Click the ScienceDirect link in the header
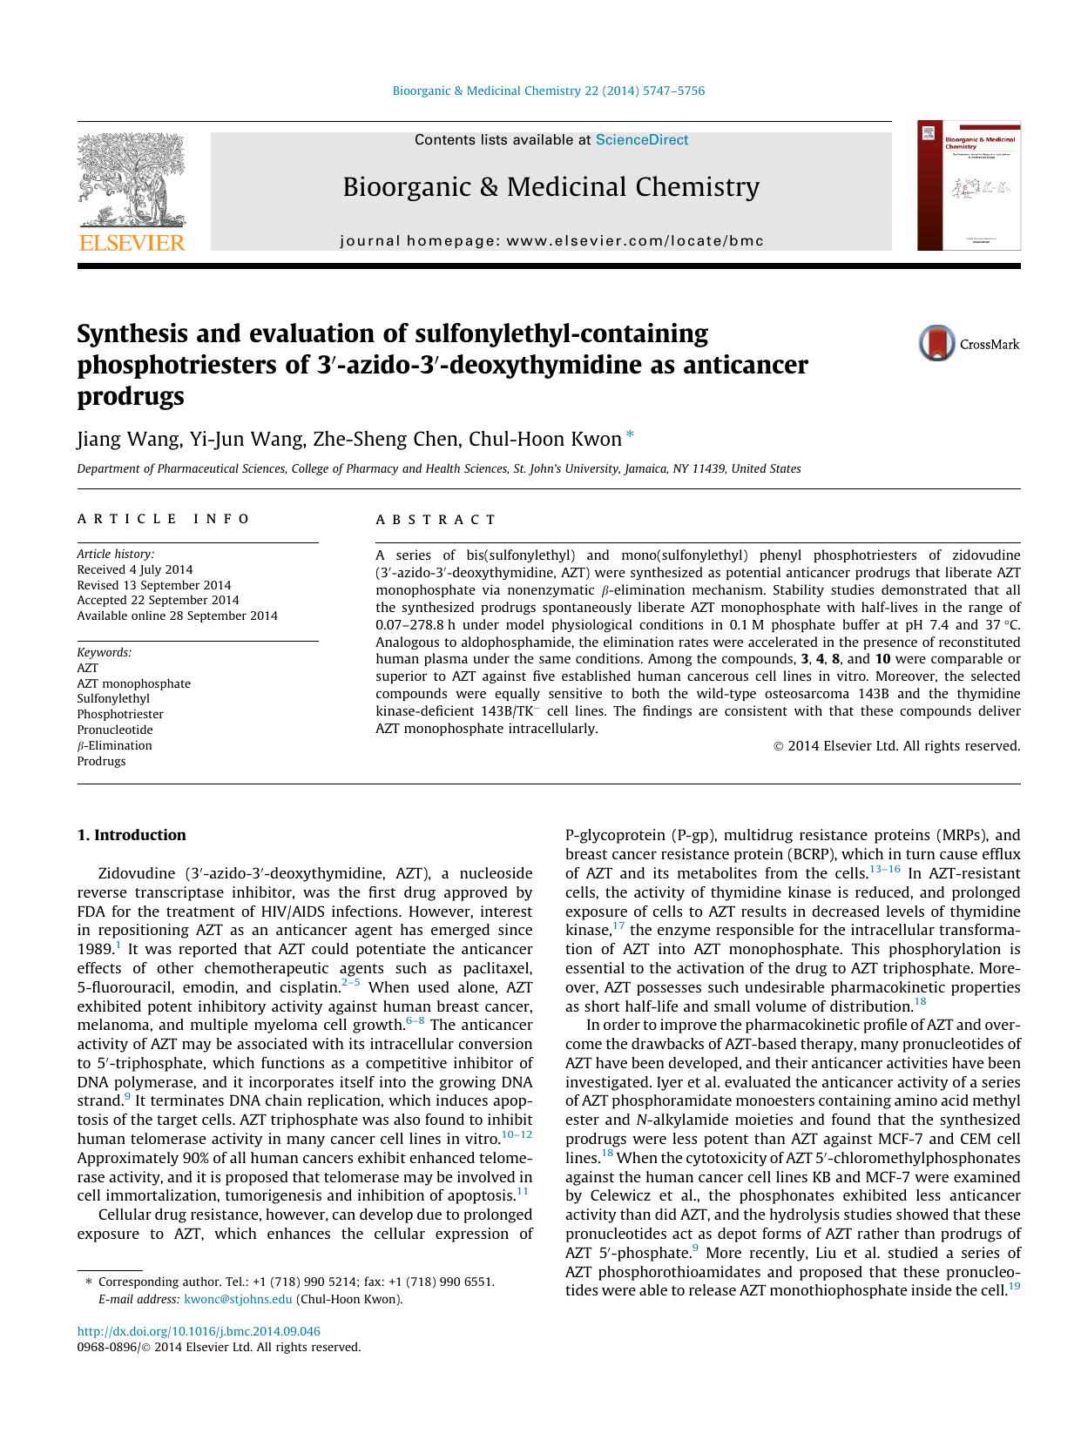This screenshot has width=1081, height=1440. [642, 140]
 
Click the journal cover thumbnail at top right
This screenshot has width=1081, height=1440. [969, 185]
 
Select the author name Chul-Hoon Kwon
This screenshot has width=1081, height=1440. [545, 439]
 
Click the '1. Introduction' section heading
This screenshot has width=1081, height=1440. [132, 835]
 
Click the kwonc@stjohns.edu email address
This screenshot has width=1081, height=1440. [238, 1300]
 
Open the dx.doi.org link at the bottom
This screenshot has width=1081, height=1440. [199, 1331]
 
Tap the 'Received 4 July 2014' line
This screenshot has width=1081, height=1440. [135, 569]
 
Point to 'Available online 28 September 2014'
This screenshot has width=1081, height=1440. [177, 616]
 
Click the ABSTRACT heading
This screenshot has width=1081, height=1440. [436, 520]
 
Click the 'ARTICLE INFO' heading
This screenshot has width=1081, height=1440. [164, 519]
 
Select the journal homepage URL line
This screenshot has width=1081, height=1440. [551, 241]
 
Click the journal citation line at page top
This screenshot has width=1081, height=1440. [548, 91]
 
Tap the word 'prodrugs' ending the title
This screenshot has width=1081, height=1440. [131, 396]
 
